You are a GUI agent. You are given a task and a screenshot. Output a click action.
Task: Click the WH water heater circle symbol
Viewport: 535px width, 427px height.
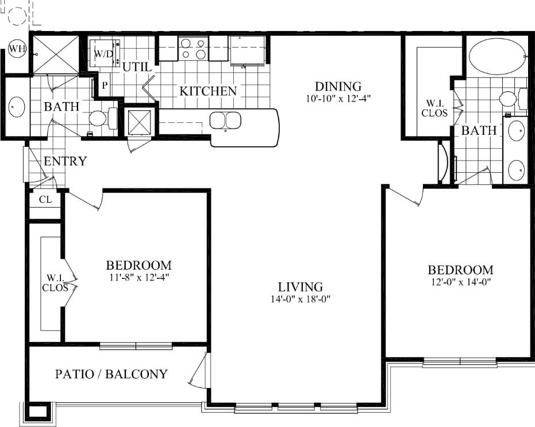pos(17,49)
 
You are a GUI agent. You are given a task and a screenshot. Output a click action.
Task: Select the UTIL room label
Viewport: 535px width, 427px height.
pos(137,67)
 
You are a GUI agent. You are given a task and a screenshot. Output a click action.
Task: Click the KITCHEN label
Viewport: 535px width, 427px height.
pos(208,91)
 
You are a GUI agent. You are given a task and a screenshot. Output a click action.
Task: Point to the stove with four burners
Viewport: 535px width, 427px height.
pos(193,48)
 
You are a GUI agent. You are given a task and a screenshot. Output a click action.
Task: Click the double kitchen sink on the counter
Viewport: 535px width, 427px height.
pos(225,121)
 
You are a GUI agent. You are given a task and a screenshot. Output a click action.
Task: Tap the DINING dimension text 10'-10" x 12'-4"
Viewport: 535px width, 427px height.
pos(338,98)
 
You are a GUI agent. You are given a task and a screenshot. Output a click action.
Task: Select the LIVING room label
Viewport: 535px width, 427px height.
pos(300,286)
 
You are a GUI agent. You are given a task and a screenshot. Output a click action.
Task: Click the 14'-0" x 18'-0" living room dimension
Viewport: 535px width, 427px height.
pos(300,298)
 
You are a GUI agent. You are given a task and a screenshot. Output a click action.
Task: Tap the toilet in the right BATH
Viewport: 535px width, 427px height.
pos(509,99)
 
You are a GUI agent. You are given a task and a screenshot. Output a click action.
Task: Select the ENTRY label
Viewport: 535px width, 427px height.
pos(65,161)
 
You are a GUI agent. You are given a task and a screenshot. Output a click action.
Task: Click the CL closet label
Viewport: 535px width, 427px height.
pos(45,200)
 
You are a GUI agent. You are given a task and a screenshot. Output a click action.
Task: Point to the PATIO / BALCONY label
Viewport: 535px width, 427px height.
pos(111,374)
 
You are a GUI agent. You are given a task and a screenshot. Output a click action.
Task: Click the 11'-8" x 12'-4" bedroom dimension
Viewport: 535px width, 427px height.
pos(138,277)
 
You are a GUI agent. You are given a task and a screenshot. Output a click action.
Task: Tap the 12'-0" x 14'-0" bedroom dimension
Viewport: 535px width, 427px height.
pos(460,282)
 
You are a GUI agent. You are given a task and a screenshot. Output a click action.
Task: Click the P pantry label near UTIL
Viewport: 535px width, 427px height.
pos(105,85)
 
